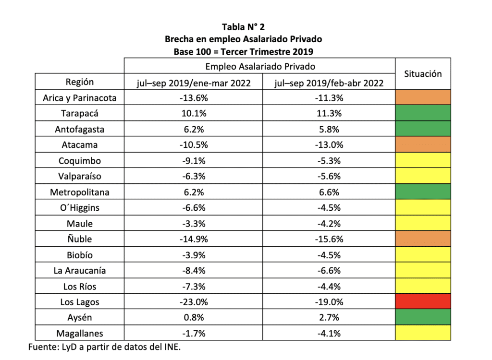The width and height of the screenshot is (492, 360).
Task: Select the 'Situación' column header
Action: pyautogui.click(x=422, y=74)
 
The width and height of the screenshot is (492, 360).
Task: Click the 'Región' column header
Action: pyautogui.click(x=80, y=82)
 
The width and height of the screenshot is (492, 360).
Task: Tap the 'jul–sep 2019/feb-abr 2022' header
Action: pyautogui.click(x=329, y=83)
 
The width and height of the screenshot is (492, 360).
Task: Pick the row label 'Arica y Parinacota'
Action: pyautogui.click(x=80, y=98)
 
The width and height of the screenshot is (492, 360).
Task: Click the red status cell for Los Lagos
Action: pyautogui.click(x=422, y=301)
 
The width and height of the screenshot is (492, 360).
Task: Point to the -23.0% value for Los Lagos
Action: pyautogui.click(x=194, y=302)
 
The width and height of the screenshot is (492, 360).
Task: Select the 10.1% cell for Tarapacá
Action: pyautogui.click(x=194, y=114)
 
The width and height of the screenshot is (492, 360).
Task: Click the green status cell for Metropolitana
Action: pyautogui.click(x=422, y=192)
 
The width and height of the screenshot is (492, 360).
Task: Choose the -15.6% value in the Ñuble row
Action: pyautogui.click(x=329, y=239)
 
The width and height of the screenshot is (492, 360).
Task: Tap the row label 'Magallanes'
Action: pyautogui.click(x=80, y=333)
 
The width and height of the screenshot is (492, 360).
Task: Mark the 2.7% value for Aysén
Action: pyautogui.click(x=329, y=317)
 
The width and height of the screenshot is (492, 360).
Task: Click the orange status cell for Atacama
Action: pyautogui.click(x=422, y=145)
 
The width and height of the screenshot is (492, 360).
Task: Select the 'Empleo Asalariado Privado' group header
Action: pyautogui.click(x=260, y=66)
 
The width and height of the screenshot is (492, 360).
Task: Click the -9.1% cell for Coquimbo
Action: pyautogui.click(x=194, y=161)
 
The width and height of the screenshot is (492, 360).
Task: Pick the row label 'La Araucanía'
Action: pyautogui.click(x=80, y=271)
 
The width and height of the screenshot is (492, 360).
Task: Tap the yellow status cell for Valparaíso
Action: pyautogui.click(x=422, y=176)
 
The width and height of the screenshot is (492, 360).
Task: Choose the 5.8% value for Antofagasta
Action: pyautogui.click(x=329, y=130)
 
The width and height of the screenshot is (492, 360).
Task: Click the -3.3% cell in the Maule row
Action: pyautogui.click(x=194, y=224)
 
